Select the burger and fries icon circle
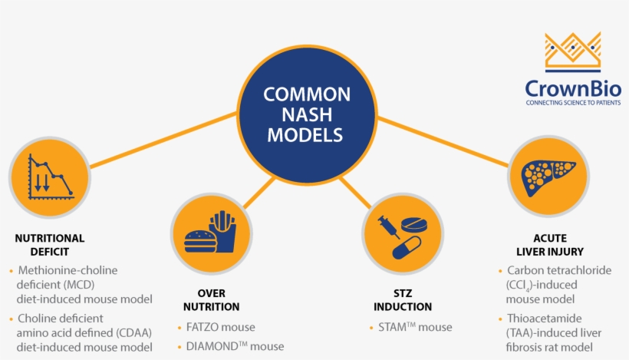210,232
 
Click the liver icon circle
548,178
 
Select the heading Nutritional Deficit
50,244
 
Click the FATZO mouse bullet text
221,327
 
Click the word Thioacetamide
545,318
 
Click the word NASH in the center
307,116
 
